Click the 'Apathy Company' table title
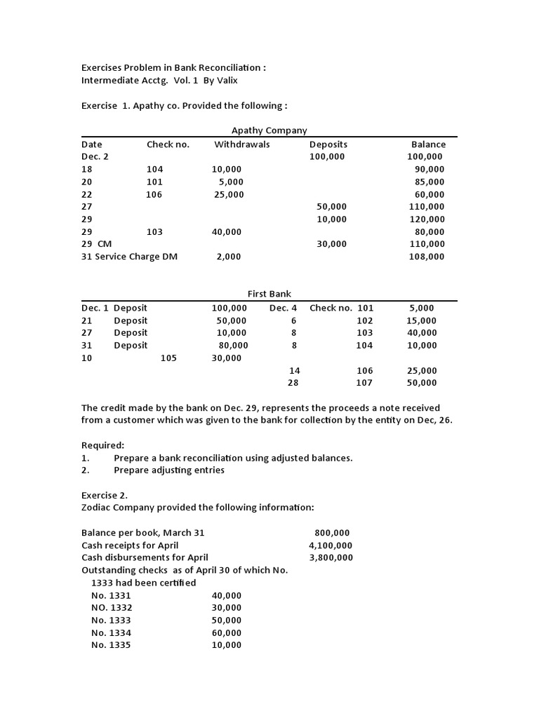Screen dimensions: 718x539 coord(269,130)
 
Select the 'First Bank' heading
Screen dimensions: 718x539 coord(269,294)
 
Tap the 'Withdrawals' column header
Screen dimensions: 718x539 coord(242,144)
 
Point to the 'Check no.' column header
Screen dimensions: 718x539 coord(168,144)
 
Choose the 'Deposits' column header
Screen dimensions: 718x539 coord(328,144)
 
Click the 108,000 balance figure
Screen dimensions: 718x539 coord(427,257)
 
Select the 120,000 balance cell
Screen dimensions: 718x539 coord(427,219)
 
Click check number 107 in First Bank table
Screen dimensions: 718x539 coord(364,383)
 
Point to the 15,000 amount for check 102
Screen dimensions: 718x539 coord(422,320)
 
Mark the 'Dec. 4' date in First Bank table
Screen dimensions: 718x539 coord(283,308)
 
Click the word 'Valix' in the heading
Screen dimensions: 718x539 coord(227,81)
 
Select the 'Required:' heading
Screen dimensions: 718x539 coord(102,445)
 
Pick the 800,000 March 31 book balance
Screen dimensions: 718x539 coord(333,533)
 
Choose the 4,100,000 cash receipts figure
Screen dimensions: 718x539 coord(331,546)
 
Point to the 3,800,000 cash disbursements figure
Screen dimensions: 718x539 coord(331,558)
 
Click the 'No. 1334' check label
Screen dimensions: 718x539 coord(111,633)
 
